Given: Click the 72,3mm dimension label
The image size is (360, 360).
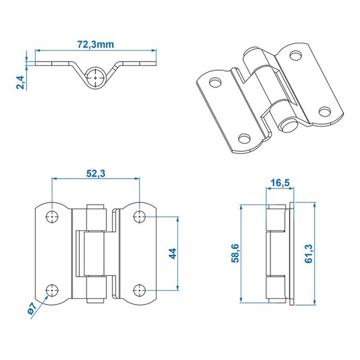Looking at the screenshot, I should click(x=95, y=44).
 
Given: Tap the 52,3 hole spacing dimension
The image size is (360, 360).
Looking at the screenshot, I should click(x=95, y=174).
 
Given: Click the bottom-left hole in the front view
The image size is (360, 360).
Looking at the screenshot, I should click(x=52, y=289).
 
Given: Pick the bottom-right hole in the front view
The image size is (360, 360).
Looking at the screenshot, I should click(x=139, y=289).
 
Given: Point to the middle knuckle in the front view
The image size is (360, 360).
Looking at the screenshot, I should click(x=93, y=253).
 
